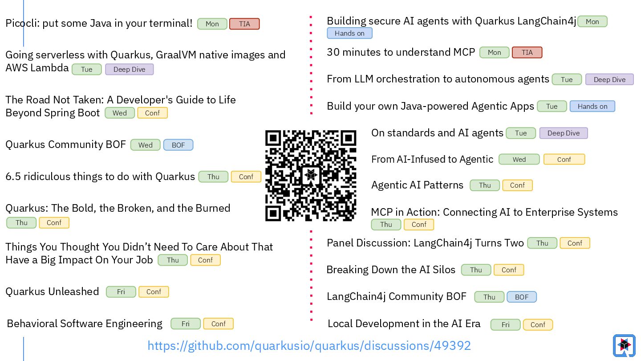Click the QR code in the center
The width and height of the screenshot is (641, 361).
point(311,175)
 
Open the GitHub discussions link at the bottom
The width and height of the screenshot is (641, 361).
point(309,346)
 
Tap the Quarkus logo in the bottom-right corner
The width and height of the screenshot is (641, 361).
point(624,345)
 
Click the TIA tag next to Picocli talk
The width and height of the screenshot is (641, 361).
point(244,24)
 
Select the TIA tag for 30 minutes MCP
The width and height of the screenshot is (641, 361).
point(527,53)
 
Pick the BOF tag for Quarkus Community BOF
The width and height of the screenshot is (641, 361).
point(178,145)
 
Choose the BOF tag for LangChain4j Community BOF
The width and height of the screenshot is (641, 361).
point(521,297)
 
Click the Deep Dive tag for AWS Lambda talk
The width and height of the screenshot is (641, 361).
point(129,70)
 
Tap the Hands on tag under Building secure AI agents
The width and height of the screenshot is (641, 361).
point(349,33)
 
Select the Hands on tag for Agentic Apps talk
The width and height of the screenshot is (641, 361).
point(592,107)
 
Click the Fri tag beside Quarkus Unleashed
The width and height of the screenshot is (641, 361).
point(121,292)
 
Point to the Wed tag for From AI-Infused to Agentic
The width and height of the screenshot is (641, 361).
point(519,160)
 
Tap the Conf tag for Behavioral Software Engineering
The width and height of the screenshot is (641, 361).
point(218,324)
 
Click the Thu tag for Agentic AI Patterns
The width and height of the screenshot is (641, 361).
point(485,185)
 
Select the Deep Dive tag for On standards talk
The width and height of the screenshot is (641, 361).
point(563,133)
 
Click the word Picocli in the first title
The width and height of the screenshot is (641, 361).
point(21,23)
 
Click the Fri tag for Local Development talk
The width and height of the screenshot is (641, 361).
point(505,325)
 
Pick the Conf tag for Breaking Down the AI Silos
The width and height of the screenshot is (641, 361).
point(508,270)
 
